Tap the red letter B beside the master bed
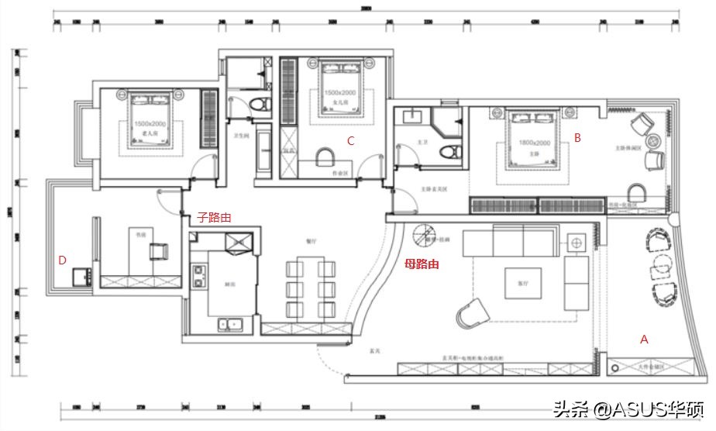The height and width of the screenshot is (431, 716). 577,137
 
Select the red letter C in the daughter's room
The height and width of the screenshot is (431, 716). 350,140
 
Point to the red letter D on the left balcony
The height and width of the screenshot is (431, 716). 62,260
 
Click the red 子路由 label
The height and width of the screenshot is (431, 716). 214,219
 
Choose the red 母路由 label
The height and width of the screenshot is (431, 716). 422,264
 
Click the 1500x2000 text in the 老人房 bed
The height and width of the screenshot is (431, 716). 150,124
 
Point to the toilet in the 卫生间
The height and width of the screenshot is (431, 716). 260,105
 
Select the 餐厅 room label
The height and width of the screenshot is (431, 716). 312,241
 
